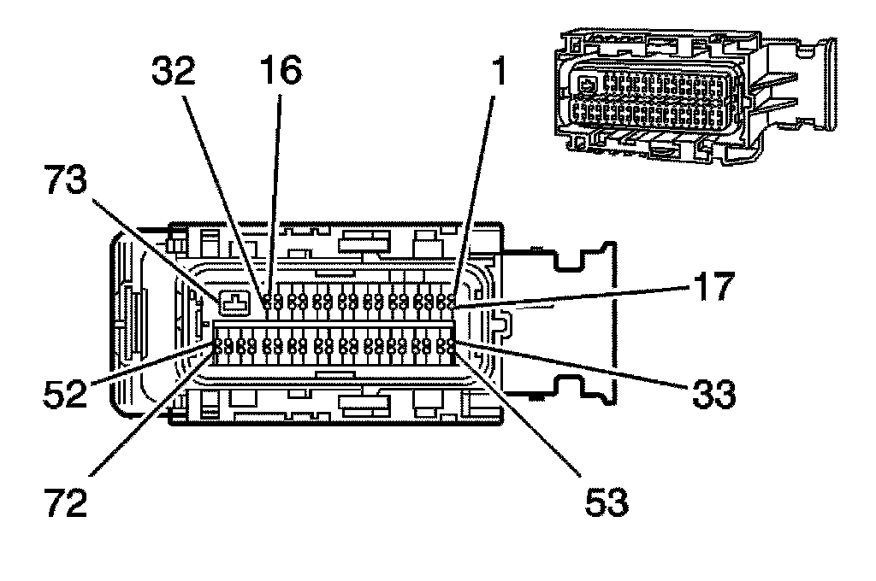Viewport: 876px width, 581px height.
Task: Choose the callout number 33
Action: (x=712, y=395)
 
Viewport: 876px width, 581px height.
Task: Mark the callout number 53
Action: (x=607, y=502)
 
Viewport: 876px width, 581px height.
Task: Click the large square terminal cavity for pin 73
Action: (x=232, y=302)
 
